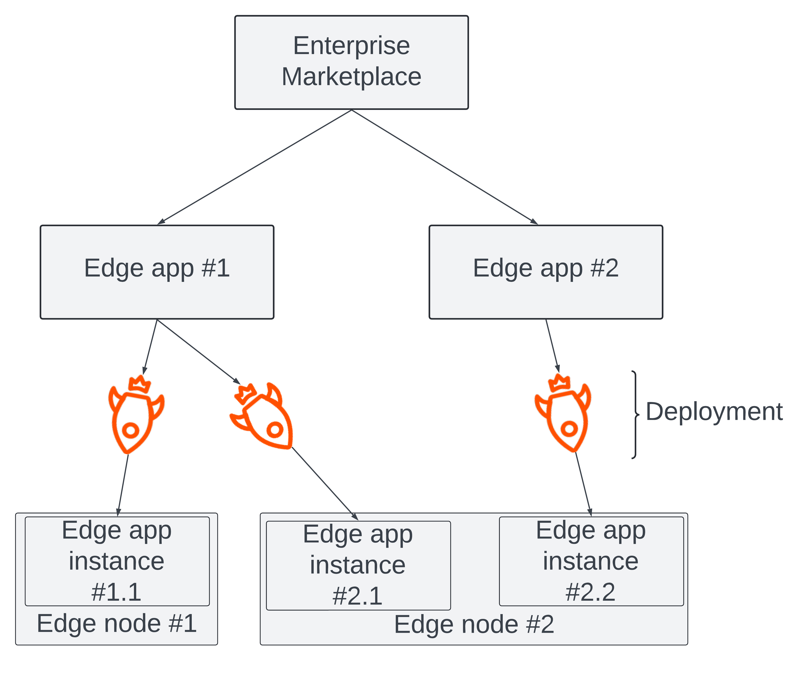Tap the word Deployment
pyautogui.click(x=714, y=412)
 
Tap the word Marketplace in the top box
pyautogui.click(x=351, y=77)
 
